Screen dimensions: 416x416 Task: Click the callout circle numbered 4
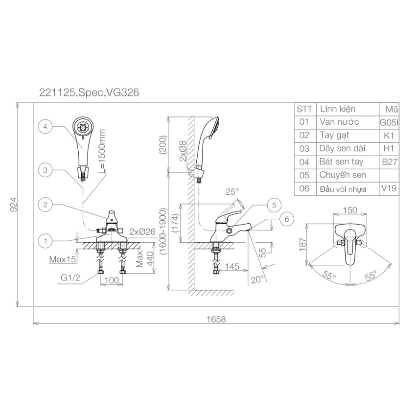click(x=45, y=127)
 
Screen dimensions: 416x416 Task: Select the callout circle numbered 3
click(x=45, y=170)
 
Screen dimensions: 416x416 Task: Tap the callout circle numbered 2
click(x=45, y=205)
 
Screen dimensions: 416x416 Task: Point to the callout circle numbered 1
click(x=45, y=241)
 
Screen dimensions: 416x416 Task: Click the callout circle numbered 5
click(x=274, y=205)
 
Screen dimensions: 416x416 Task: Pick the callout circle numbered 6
click(x=286, y=219)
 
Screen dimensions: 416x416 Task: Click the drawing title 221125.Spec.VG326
click(x=89, y=92)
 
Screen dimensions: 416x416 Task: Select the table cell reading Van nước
click(x=339, y=122)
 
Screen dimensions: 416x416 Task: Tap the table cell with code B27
click(x=390, y=162)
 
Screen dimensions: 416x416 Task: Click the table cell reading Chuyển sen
click(x=343, y=175)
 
